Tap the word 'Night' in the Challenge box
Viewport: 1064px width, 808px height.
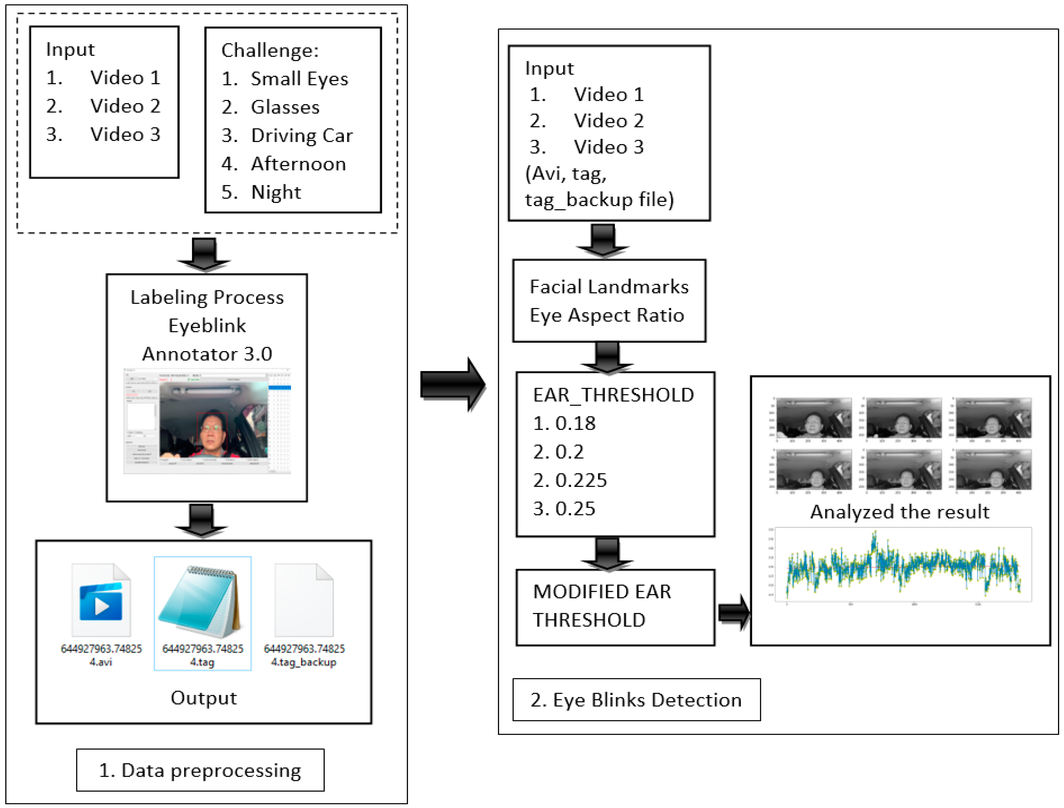276,192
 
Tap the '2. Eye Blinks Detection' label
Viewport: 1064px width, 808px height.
636,700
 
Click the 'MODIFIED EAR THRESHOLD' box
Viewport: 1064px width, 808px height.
615,607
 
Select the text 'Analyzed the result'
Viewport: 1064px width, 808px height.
900,512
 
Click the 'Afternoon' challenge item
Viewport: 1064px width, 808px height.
298,164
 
